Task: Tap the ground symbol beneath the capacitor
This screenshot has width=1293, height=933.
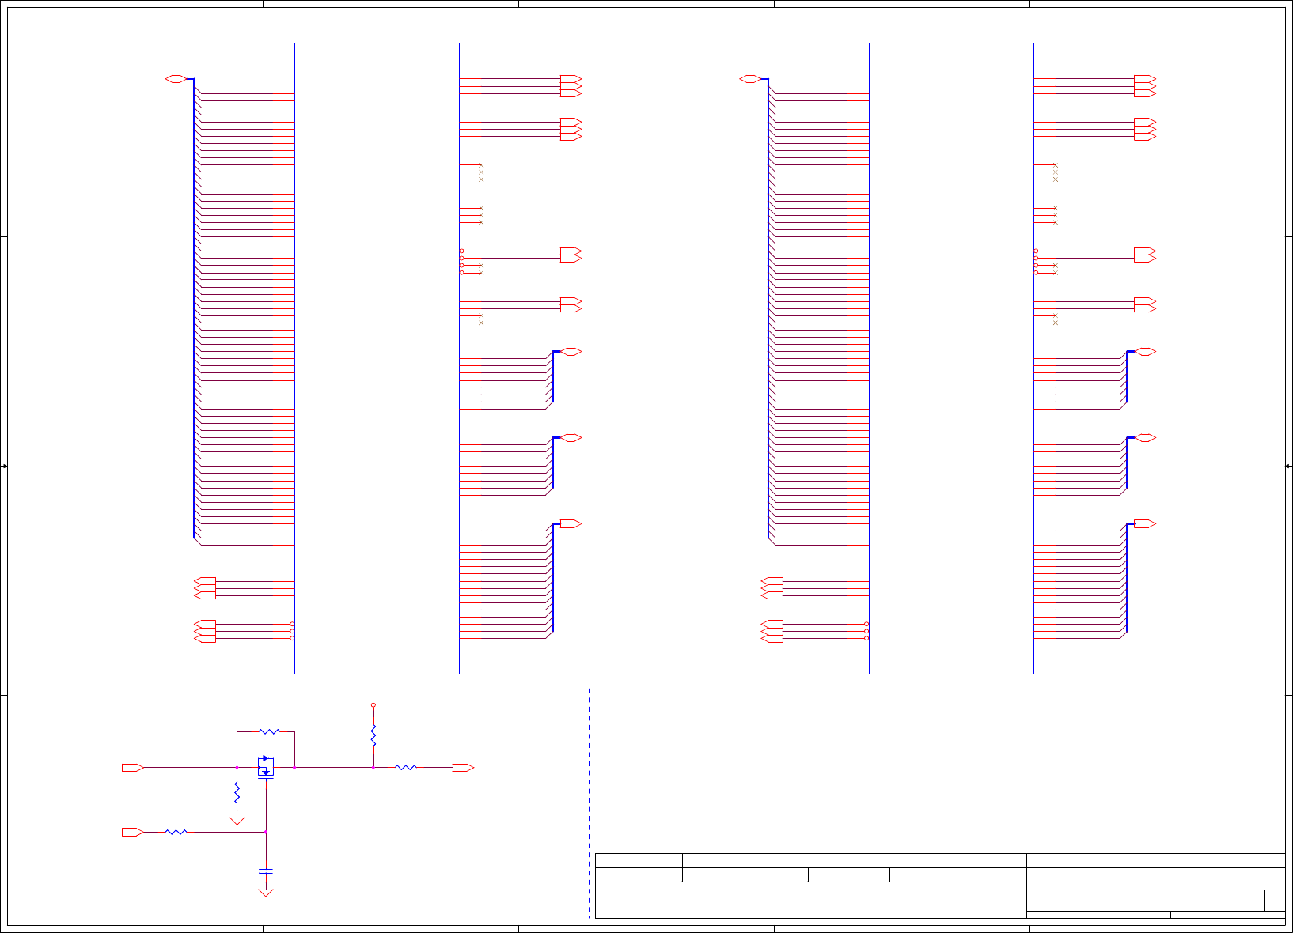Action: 266,893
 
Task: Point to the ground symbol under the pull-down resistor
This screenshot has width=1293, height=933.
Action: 237,822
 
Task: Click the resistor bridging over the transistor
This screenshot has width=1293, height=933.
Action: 270,732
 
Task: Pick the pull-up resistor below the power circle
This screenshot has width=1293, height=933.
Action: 373,735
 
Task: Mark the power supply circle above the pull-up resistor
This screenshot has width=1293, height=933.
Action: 373,705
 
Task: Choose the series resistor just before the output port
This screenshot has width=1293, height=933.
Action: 405,767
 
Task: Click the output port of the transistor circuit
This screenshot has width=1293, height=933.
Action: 463,768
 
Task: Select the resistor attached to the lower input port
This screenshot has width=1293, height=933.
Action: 176,832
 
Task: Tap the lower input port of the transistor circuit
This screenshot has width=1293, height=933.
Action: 132,832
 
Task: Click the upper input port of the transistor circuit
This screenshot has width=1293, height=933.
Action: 132,768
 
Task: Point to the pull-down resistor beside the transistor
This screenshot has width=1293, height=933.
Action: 237,791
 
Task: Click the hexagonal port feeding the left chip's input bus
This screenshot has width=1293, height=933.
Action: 176,79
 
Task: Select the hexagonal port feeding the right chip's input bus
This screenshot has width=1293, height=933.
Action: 750,79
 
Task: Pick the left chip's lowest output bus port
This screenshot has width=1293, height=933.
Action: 571,523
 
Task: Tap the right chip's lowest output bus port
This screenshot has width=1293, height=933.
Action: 1145,523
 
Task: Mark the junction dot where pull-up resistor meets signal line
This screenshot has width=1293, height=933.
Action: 373,767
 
